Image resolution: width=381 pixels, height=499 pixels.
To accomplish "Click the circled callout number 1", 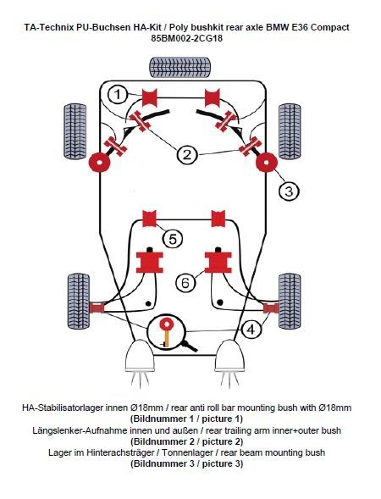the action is click(x=118, y=95).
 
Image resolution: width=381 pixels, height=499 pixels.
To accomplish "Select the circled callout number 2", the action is click(x=187, y=155).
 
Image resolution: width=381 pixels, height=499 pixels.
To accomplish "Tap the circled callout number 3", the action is click(x=289, y=191).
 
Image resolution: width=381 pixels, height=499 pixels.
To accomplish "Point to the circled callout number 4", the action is click(x=251, y=330).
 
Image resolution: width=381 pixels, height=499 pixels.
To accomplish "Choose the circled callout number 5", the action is click(x=173, y=239).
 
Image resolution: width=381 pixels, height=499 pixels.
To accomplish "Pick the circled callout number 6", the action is click(x=185, y=283).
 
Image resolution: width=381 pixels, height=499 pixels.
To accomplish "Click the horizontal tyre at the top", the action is click(x=179, y=67).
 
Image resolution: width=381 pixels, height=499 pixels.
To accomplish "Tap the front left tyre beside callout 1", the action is click(x=75, y=131).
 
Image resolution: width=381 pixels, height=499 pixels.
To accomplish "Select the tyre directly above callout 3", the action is click(x=290, y=131).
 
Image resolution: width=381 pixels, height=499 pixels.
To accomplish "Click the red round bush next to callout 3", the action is click(x=267, y=163).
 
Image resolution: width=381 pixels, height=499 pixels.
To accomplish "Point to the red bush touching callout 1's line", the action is click(x=150, y=97).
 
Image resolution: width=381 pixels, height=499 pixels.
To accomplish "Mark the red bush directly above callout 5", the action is click(x=149, y=219).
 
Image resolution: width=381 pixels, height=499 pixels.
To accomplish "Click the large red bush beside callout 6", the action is click(x=218, y=263).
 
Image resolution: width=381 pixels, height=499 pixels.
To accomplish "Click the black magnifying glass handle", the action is click(x=189, y=347).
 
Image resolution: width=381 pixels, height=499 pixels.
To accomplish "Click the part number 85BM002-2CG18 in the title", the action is click(x=187, y=38).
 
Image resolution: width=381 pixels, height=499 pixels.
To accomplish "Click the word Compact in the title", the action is click(x=330, y=27).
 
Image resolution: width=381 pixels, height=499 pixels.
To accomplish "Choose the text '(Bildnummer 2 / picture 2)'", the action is click(x=186, y=441).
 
